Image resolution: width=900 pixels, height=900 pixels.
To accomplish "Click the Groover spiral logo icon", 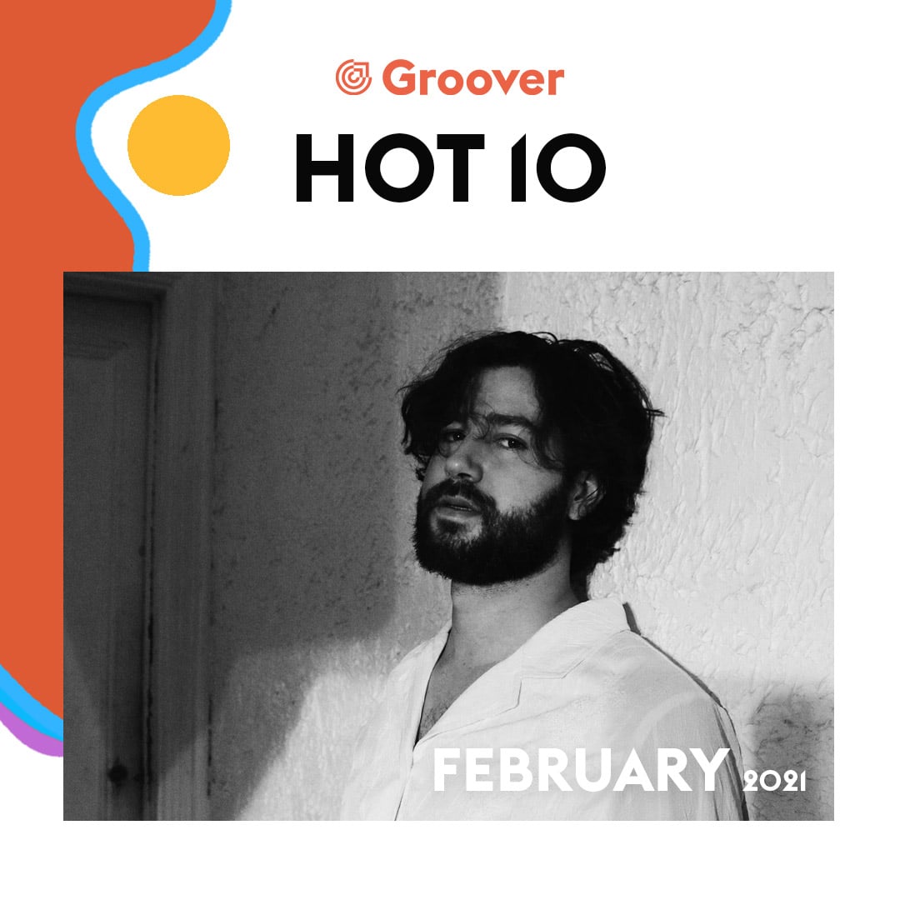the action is [353, 77].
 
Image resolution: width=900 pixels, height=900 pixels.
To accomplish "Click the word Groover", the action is [473, 78].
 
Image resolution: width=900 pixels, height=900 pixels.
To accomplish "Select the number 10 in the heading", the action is [558, 167].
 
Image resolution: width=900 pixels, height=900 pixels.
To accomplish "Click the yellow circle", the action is [178, 145].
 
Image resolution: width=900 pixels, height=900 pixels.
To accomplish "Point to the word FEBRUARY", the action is [581, 770].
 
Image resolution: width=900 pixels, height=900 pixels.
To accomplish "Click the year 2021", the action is [775, 781].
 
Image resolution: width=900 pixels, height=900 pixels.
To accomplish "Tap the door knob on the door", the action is [117, 774].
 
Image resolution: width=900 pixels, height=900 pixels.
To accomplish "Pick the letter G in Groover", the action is [399, 78].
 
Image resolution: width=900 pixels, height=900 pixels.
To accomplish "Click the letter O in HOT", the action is [397, 167].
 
